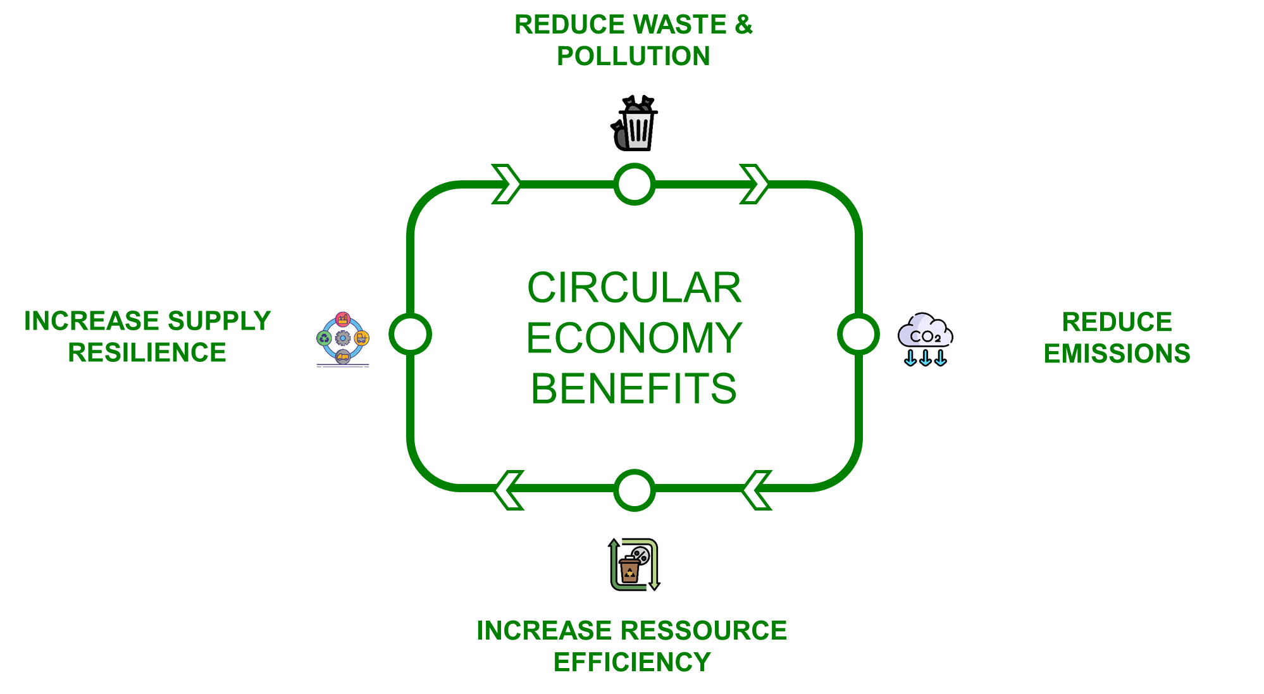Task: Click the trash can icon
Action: point(634,123)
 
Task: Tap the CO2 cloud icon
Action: point(925,338)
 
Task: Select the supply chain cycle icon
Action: point(342,339)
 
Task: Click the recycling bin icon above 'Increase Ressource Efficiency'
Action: point(634,564)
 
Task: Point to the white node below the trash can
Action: point(634,184)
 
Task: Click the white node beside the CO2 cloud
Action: point(858,334)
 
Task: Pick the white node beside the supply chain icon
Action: point(410,334)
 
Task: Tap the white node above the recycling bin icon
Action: point(634,490)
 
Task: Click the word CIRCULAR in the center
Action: point(634,288)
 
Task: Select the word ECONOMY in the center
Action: point(634,338)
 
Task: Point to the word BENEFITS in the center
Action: point(634,388)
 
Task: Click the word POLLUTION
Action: point(633,56)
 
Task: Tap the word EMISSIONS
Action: point(1117,354)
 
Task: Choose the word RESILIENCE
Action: point(147,353)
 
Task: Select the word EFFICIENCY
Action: point(632,662)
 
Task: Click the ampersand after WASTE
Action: point(743,25)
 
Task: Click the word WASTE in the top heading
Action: point(680,25)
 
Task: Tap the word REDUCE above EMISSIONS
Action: point(1117,322)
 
